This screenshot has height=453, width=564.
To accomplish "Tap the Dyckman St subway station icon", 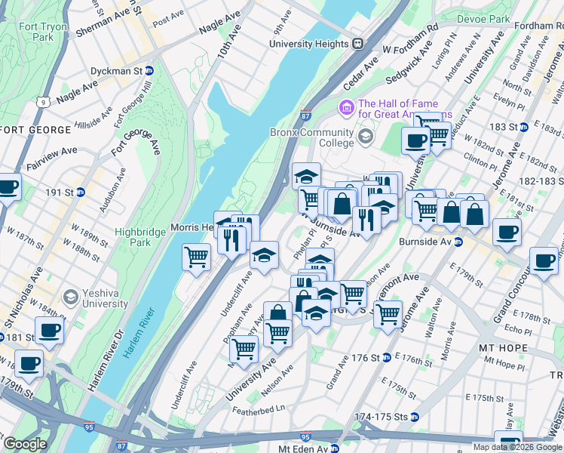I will (x=149, y=70).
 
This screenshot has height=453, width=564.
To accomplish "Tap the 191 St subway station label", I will (x=62, y=193).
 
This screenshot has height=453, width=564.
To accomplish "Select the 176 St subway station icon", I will (x=385, y=356).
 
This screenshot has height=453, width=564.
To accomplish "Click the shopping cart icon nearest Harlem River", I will (x=196, y=257).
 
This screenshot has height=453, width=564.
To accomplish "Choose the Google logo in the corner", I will (x=24, y=444).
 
